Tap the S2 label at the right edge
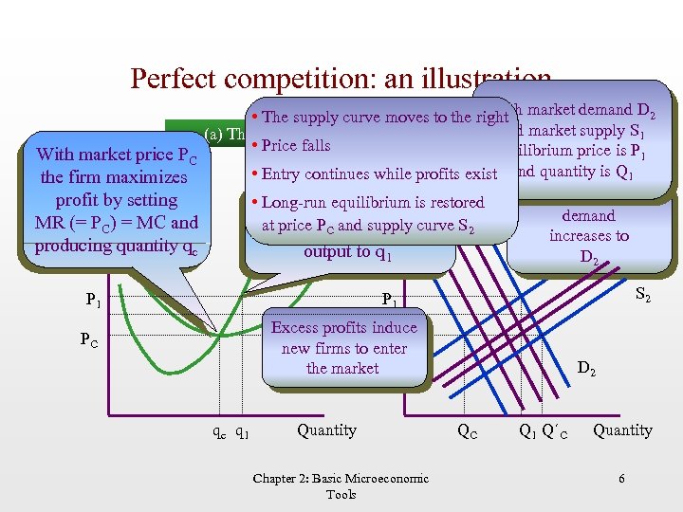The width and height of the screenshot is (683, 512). (641, 298)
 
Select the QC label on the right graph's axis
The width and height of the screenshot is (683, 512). (467, 430)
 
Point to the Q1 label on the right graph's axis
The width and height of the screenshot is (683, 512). (528, 430)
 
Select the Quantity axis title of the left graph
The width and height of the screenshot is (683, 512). (326, 430)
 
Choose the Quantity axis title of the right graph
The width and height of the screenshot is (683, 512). (622, 430)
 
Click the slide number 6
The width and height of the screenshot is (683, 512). (621, 479)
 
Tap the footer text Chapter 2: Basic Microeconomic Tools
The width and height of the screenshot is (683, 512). (341, 486)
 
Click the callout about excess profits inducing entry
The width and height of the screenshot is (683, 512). (342, 348)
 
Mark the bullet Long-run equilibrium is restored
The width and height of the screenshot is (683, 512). (372, 202)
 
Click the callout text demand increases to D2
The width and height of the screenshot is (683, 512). (588, 236)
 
